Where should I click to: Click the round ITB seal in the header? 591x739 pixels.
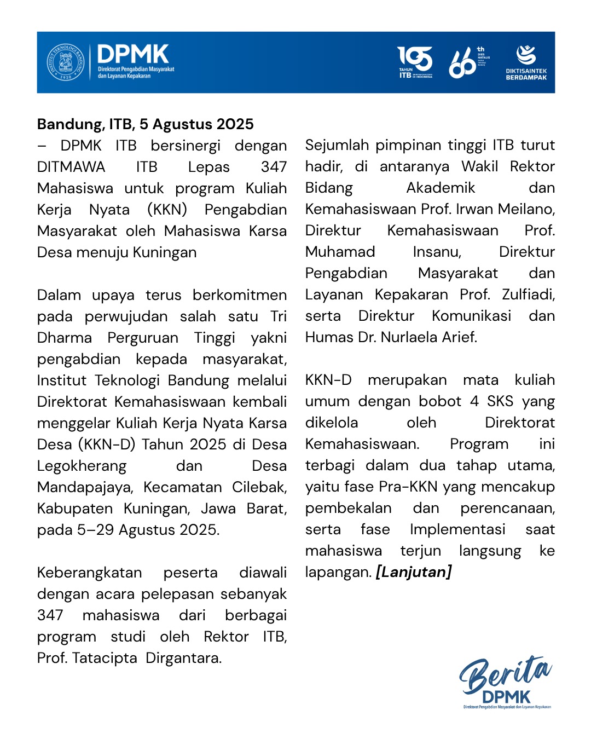pos(65,62)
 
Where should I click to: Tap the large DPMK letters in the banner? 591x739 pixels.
pos(133,55)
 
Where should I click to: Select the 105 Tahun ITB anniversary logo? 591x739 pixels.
pos(415,62)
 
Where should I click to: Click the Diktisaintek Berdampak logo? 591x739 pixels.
pos(526,62)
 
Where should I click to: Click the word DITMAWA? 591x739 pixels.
pos(71,167)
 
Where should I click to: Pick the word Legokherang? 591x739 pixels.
pos(82,466)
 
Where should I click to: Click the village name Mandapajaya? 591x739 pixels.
pos(85,487)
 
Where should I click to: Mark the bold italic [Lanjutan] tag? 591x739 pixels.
pos(414,572)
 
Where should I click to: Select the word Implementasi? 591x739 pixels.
pos(457,529)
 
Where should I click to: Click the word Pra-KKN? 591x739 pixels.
pos(412,487)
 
